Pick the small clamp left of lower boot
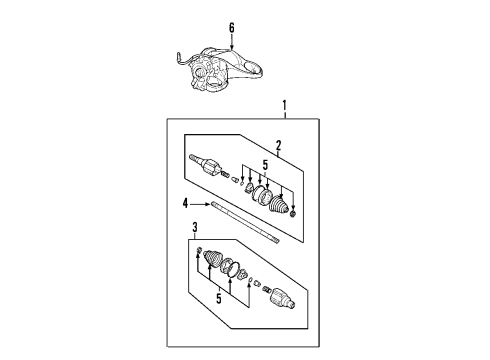[200, 250]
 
